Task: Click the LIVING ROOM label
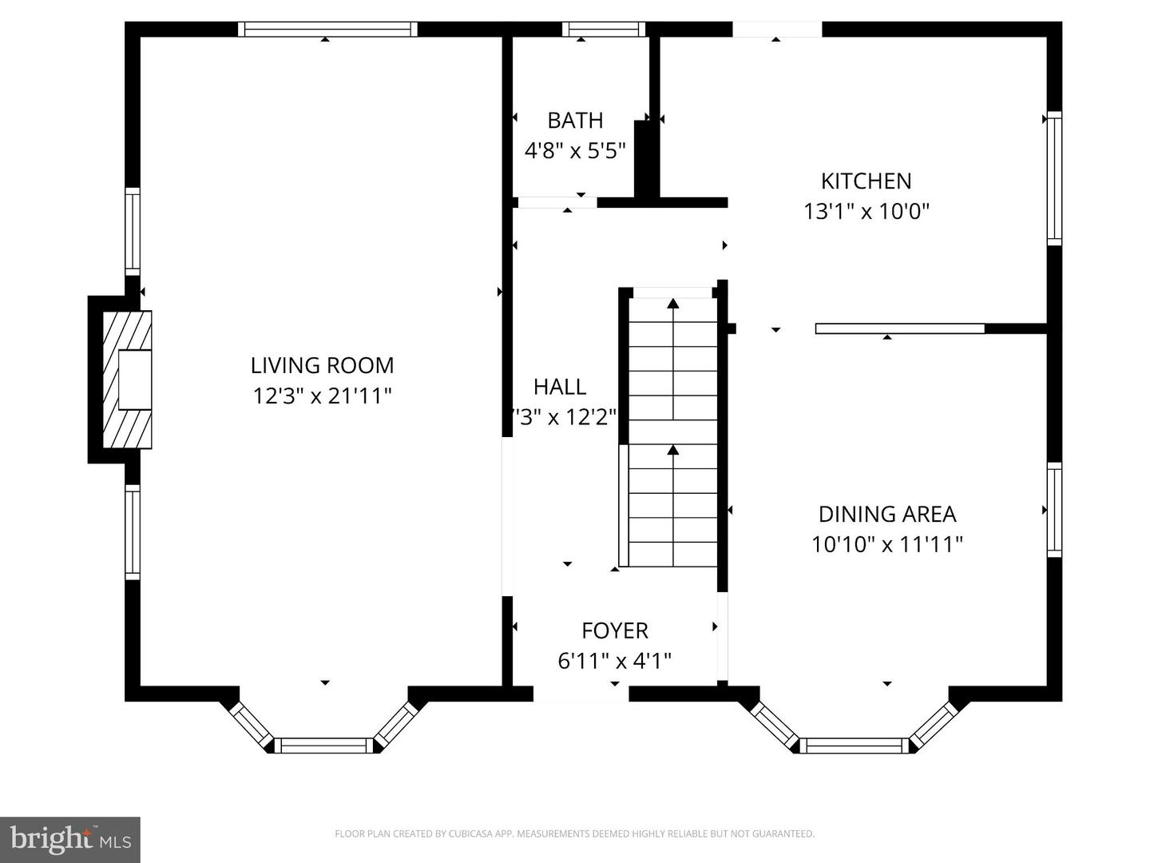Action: (x=322, y=365)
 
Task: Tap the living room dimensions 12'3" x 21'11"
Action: (x=322, y=396)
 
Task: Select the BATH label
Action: (x=575, y=121)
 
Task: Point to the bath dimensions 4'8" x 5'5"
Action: (x=575, y=150)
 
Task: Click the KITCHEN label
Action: (x=866, y=181)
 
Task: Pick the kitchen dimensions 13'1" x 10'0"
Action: (x=866, y=211)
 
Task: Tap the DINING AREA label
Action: (x=887, y=514)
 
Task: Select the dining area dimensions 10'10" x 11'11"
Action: (x=887, y=544)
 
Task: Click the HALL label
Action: (x=560, y=387)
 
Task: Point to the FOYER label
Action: (x=614, y=630)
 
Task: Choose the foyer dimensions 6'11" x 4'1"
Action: (x=614, y=661)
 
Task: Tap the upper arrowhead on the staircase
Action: (x=673, y=304)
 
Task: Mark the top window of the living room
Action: (x=327, y=30)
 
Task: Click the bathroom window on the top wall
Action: (x=604, y=30)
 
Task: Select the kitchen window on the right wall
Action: (x=1054, y=178)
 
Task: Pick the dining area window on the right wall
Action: (x=1054, y=511)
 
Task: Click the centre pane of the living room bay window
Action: (x=324, y=746)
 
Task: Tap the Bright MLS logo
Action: (x=70, y=839)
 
